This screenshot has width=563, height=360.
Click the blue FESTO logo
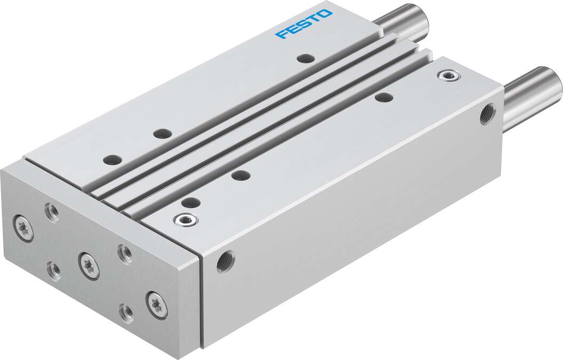[303, 24]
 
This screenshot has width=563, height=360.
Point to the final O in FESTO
[325, 13]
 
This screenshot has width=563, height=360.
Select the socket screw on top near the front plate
[186, 219]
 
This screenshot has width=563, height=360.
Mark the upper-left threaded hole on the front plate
[52, 212]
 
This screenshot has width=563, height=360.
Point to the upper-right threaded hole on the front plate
[124, 253]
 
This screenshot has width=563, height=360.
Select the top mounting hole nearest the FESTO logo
[305, 58]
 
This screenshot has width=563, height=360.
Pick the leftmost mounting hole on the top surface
[112, 159]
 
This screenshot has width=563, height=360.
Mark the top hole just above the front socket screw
[190, 202]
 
